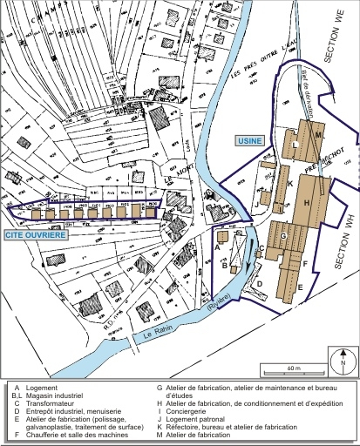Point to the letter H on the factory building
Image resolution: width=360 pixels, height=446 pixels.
coord(307,202)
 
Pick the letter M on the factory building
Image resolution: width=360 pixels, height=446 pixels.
coord(318,136)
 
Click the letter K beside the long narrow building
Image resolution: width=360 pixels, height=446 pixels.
coord(289,184)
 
